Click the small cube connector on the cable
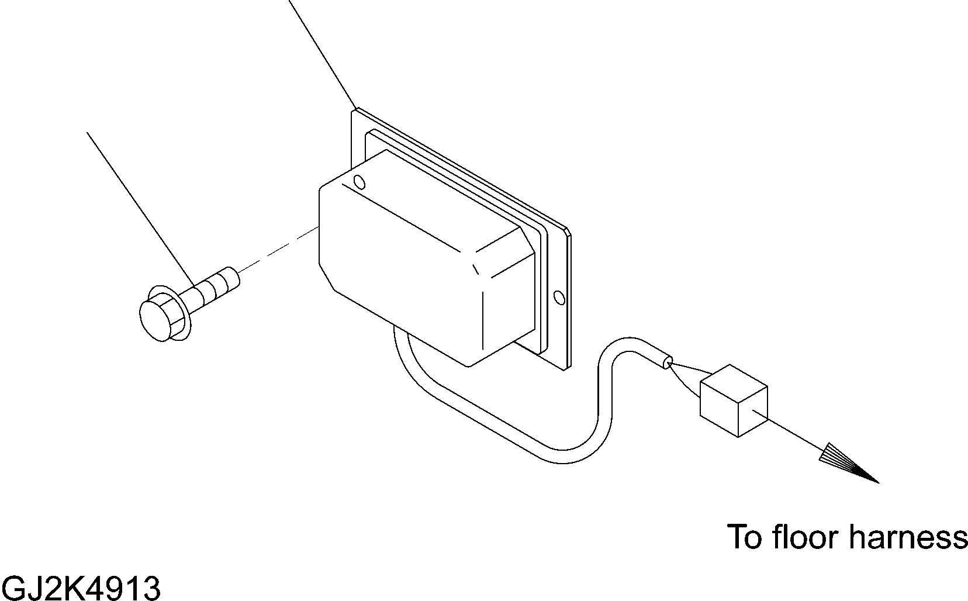click(x=733, y=400)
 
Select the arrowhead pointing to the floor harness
click(x=848, y=465)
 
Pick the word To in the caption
click(x=746, y=537)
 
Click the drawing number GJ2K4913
click(x=81, y=587)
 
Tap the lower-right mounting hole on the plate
click(x=559, y=298)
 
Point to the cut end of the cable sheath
click(x=666, y=362)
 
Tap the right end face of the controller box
click(x=509, y=304)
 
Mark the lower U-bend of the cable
click(x=561, y=456)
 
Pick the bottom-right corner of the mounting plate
click(x=566, y=368)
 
